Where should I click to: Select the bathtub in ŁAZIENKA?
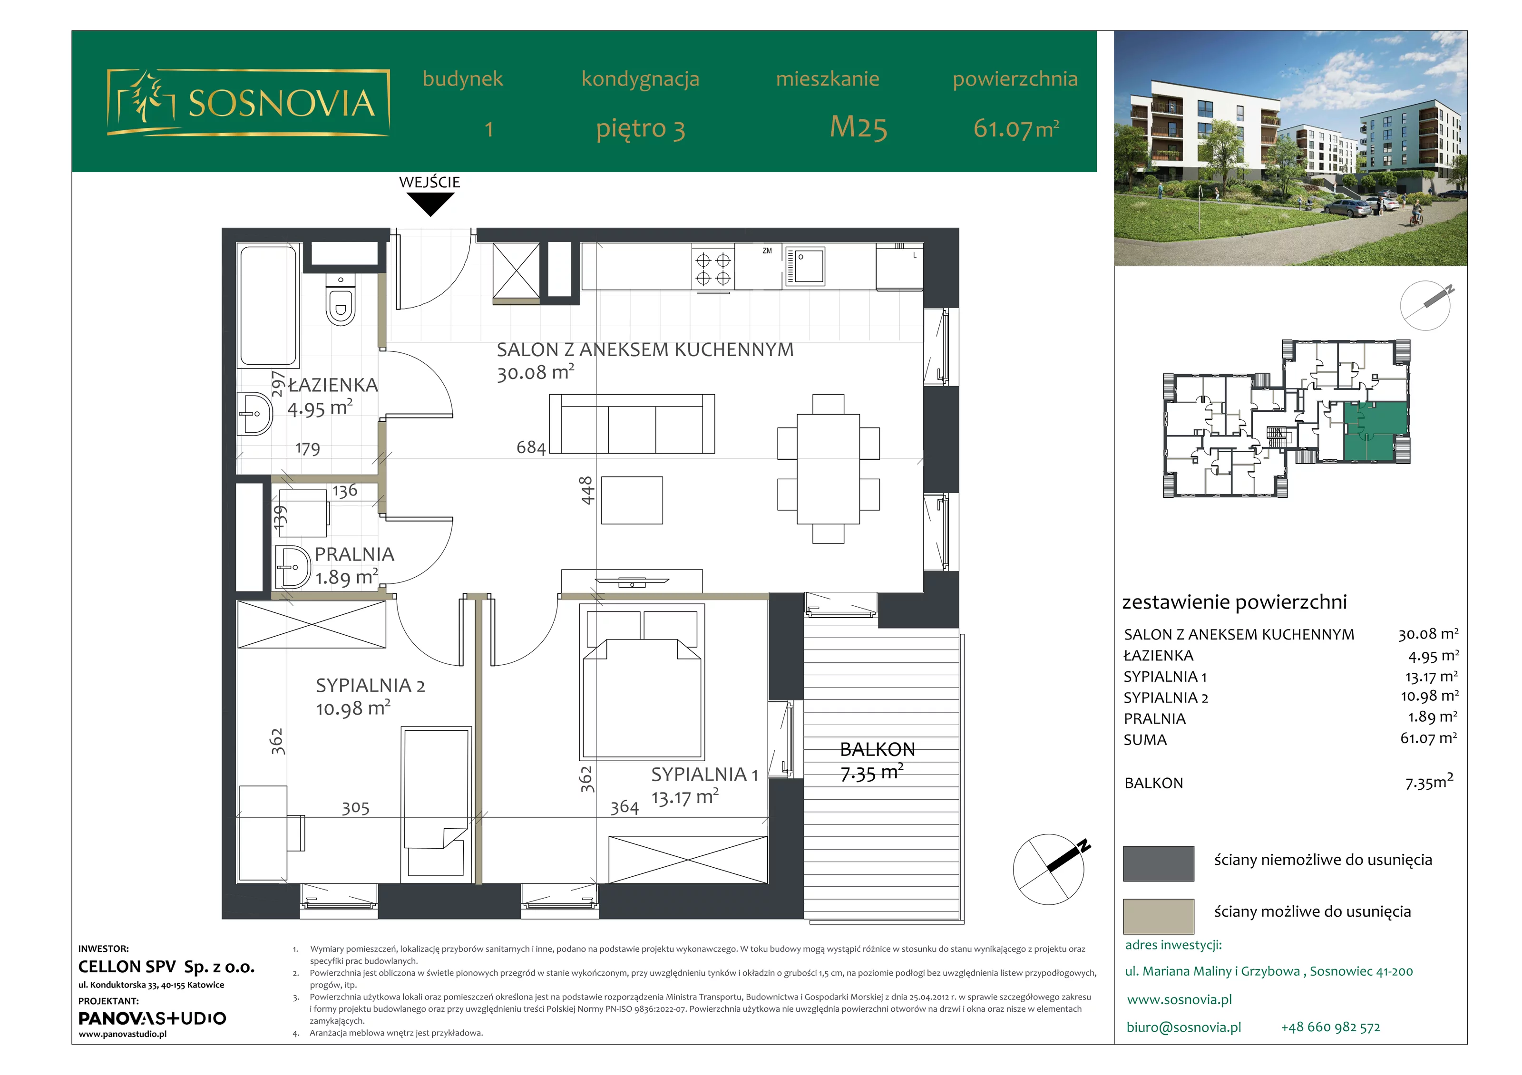point(268,306)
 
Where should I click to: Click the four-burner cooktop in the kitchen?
point(712,269)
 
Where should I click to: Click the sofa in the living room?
point(632,424)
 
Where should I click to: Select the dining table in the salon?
point(828,469)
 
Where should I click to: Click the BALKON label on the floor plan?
point(877,750)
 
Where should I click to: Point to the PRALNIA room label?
point(354,554)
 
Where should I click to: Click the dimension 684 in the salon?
point(531,447)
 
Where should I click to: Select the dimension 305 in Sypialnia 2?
point(355,807)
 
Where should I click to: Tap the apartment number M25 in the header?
point(859,127)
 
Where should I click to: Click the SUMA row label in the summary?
point(1145,740)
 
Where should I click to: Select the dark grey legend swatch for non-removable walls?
point(1158,863)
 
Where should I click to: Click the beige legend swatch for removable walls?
point(1158,916)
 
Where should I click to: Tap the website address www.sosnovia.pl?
point(1179,999)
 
